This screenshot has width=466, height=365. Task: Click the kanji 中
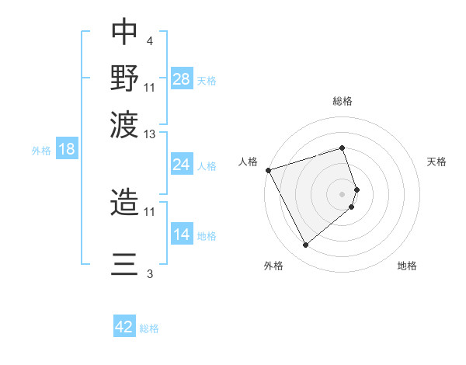click(125, 32)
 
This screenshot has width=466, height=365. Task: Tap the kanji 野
click(125, 78)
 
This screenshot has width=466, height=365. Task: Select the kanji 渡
click(125, 123)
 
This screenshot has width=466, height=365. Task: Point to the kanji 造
click(125, 201)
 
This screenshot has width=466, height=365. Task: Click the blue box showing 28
click(182, 79)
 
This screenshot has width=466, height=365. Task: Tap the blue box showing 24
click(182, 165)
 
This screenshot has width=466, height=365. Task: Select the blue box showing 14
click(182, 235)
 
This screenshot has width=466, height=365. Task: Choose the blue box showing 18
click(66, 149)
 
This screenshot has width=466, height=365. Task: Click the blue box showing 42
click(124, 327)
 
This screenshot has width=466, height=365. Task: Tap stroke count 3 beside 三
click(149, 273)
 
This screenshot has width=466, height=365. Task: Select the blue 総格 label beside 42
click(149, 328)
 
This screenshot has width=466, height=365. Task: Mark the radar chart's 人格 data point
click(268, 170)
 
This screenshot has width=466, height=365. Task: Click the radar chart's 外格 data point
click(305, 245)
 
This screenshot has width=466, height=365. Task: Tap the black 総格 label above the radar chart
click(343, 101)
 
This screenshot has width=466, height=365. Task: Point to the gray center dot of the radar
click(343, 193)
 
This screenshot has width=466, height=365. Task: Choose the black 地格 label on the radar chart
click(407, 266)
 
